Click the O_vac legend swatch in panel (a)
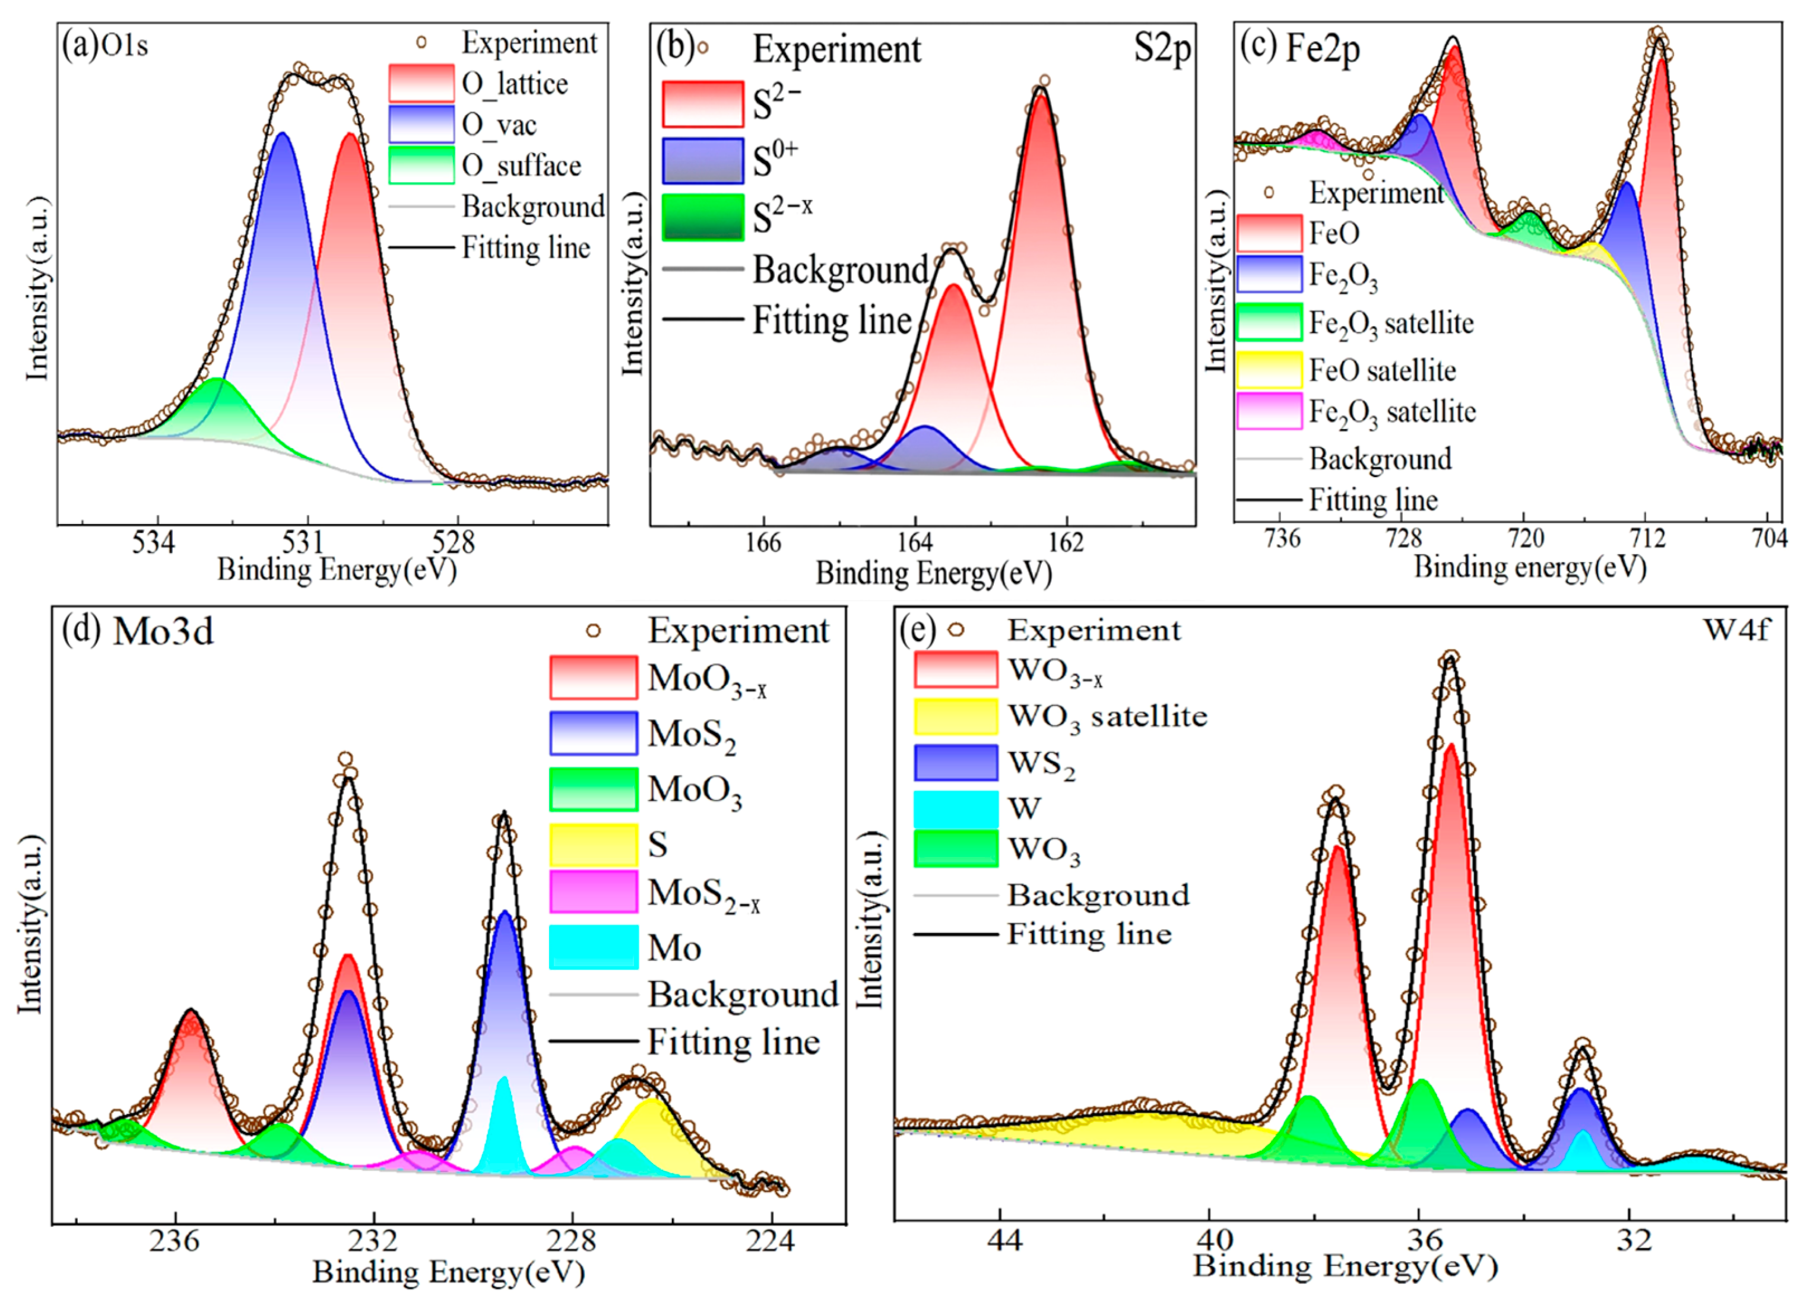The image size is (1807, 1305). [x=421, y=124]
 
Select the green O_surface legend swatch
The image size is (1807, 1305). [x=421, y=166]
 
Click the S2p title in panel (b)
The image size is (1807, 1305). [x=1162, y=49]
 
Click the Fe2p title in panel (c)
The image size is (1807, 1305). [x=1323, y=49]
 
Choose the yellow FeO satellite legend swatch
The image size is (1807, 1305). [x=1270, y=370]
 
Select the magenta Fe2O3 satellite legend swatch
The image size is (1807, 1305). [x=1270, y=412]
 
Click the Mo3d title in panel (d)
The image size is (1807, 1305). [x=163, y=632]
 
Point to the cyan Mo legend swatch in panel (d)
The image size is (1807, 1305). [x=594, y=947]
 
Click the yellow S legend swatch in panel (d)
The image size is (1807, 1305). [x=594, y=844]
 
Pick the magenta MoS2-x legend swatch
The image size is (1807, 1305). [x=594, y=891]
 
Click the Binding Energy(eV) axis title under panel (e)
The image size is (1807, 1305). [x=1346, y=1265]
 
